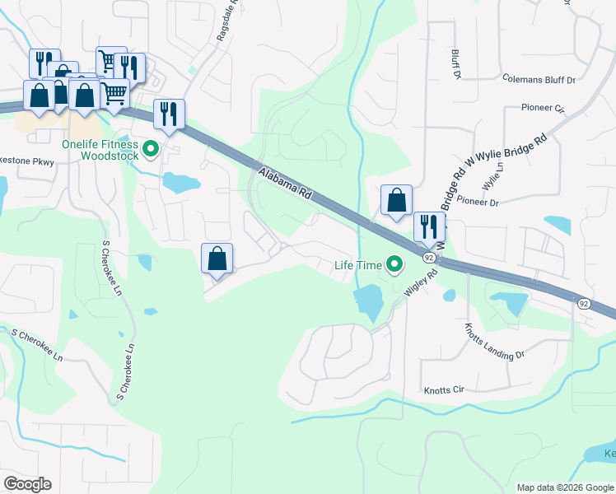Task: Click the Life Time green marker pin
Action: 395,265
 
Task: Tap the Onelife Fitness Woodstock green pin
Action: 150,149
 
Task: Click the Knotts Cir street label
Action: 444,390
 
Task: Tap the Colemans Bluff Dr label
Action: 535,80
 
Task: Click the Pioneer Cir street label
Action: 542,108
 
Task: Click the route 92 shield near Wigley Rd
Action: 428,258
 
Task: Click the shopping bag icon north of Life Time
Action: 396,198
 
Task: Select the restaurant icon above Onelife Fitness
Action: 169,114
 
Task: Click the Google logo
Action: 27,484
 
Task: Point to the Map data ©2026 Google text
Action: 564,487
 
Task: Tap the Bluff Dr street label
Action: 455,63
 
